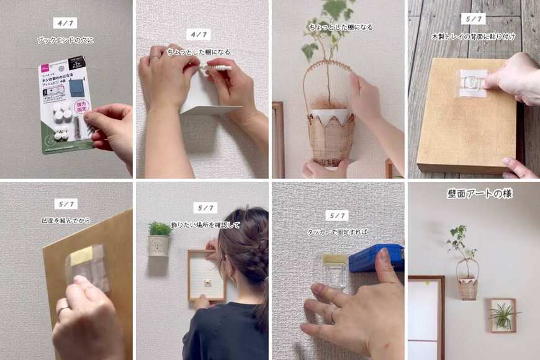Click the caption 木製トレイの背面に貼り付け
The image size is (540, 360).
click(473, 37)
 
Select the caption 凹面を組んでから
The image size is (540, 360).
click(65, 220)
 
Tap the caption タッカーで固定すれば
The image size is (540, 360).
click(337, 232)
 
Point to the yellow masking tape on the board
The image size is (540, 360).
click(81, 254)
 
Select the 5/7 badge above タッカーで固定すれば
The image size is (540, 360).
click(336, 215)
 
